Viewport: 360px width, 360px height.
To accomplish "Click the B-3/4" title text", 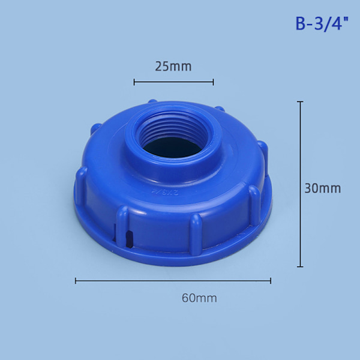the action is (322, 23).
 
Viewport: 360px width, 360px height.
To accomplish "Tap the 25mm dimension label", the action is (173, 67).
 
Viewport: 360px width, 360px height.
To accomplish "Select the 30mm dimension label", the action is (323, 188).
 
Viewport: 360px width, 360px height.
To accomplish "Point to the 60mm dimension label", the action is (199, 298).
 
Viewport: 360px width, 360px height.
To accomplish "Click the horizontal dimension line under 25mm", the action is (174, 82).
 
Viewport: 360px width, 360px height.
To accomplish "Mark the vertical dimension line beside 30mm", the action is (300, 184).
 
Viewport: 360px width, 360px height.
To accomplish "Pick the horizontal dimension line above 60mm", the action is (173, 281).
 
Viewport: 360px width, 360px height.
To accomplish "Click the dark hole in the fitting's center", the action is (173, 148).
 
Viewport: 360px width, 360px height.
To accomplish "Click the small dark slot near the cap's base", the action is (130, 239).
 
